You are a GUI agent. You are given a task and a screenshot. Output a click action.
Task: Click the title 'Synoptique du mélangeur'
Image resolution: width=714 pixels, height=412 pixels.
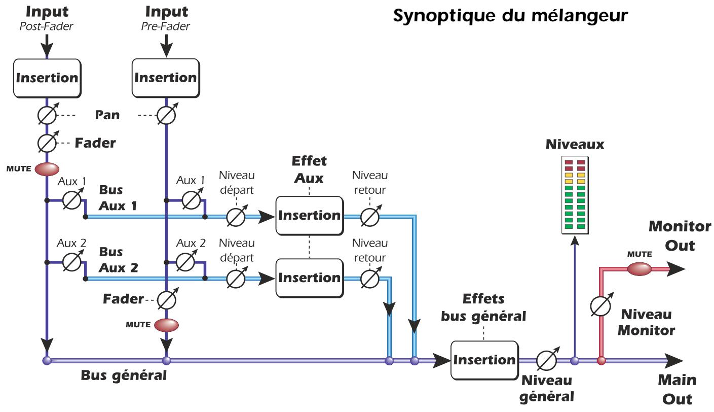511,15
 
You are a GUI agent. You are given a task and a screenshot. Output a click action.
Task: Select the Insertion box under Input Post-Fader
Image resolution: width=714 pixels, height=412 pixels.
47,78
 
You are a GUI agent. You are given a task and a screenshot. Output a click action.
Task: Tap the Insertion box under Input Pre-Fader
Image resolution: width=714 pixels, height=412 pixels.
165,78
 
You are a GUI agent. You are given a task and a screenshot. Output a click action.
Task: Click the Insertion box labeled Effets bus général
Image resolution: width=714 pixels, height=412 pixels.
484,360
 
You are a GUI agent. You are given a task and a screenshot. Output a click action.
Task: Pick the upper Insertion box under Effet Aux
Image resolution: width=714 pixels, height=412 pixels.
309,216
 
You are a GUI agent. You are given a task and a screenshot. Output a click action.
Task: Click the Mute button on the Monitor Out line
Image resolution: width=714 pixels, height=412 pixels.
639,269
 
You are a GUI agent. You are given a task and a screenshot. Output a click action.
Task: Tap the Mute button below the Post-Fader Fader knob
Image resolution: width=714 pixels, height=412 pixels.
47,168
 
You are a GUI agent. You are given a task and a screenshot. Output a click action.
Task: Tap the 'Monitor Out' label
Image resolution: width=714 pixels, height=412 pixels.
680,236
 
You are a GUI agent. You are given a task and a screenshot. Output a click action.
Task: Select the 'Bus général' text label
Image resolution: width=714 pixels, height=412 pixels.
124,376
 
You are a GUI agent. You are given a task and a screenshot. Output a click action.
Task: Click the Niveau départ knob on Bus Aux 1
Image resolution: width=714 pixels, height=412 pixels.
236,217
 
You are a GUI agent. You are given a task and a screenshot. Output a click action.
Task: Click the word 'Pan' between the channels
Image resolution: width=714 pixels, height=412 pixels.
107,115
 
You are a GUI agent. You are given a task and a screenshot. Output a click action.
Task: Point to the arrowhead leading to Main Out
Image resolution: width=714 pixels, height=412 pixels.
674,361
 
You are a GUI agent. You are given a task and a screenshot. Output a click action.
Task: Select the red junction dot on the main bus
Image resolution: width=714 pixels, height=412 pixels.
601,361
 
